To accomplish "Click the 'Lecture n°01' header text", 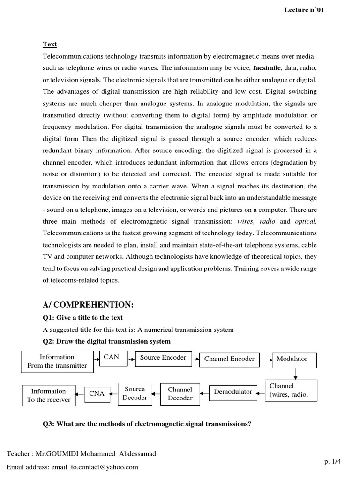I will click(x=304, y=10).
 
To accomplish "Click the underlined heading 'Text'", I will click(x=50, y=45).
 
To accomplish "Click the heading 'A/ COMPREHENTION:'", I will click(x=88, y=305).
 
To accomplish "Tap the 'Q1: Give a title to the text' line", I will click(x=83, y=318).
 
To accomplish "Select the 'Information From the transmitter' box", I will click(x=57, y=361).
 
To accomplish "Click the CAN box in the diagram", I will click(x=112, y=358).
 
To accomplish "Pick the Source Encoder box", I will click(x=163, y=358).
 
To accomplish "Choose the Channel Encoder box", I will click(x=229, y=359).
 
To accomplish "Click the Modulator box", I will click(x=294, y=359).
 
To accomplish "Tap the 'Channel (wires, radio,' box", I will click(x=291, y=390).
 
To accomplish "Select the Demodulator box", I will click(x=233, y=392).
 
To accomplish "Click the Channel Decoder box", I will click(x=180, y=394).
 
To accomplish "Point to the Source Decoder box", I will click(x=135, y=393).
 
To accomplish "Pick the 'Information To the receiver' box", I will click(x=49, y=395).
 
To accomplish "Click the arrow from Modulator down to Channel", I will click(x=295, y=373).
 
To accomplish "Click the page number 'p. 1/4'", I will click(x=332, y=461).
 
